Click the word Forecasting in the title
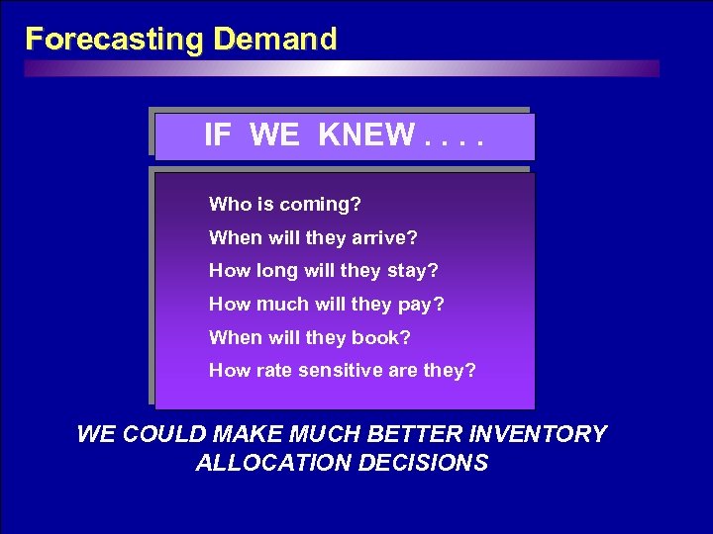click(x=115, y=40)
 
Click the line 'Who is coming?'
click(x=284, y=205)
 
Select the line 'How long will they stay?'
click(x=323, y=271)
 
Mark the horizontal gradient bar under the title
click(x=342, y=68)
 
